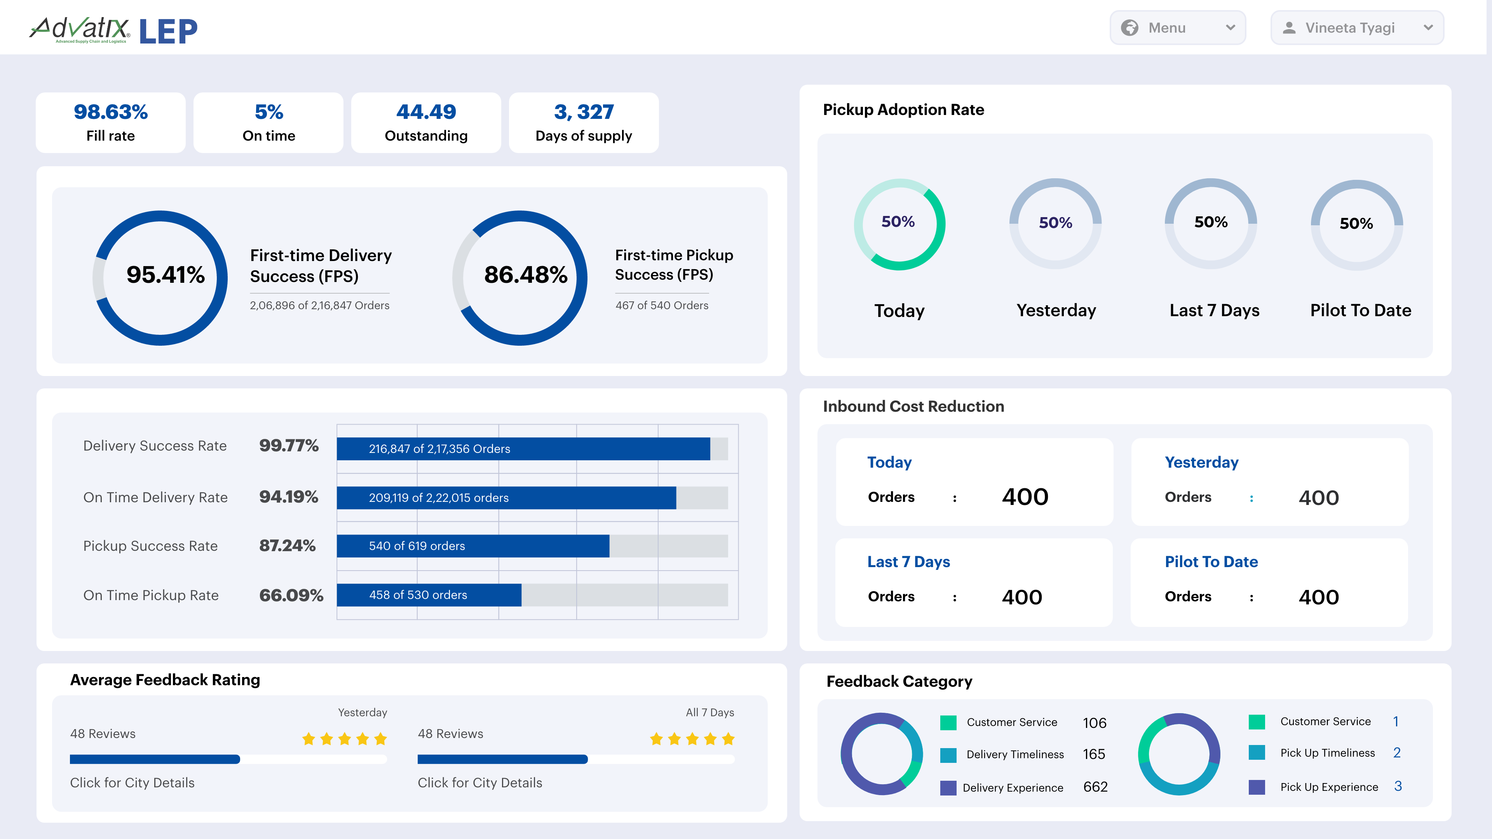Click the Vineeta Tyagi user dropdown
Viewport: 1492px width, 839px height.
pos(1356,28)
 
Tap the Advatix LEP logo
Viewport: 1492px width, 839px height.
pos(113,30)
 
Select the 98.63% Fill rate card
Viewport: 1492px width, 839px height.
pos(111,123)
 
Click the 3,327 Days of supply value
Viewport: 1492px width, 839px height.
pos(583,112)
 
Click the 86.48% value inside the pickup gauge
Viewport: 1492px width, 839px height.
pos(525,275)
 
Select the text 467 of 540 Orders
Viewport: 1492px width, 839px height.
pos(661,305)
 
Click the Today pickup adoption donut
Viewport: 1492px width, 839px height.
pos(899,224)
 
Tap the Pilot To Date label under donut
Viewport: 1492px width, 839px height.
pos(1361,310)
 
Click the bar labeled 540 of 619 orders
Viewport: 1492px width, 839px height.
pos(472,546)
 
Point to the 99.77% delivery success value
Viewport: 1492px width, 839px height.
pos(288,445)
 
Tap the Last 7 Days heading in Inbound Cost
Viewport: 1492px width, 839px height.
pos(908,562)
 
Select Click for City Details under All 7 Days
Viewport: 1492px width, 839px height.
pos(479,783)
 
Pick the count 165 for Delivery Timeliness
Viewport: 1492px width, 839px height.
pos(1093,754)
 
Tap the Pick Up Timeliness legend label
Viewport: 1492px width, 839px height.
pos(1327,753)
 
